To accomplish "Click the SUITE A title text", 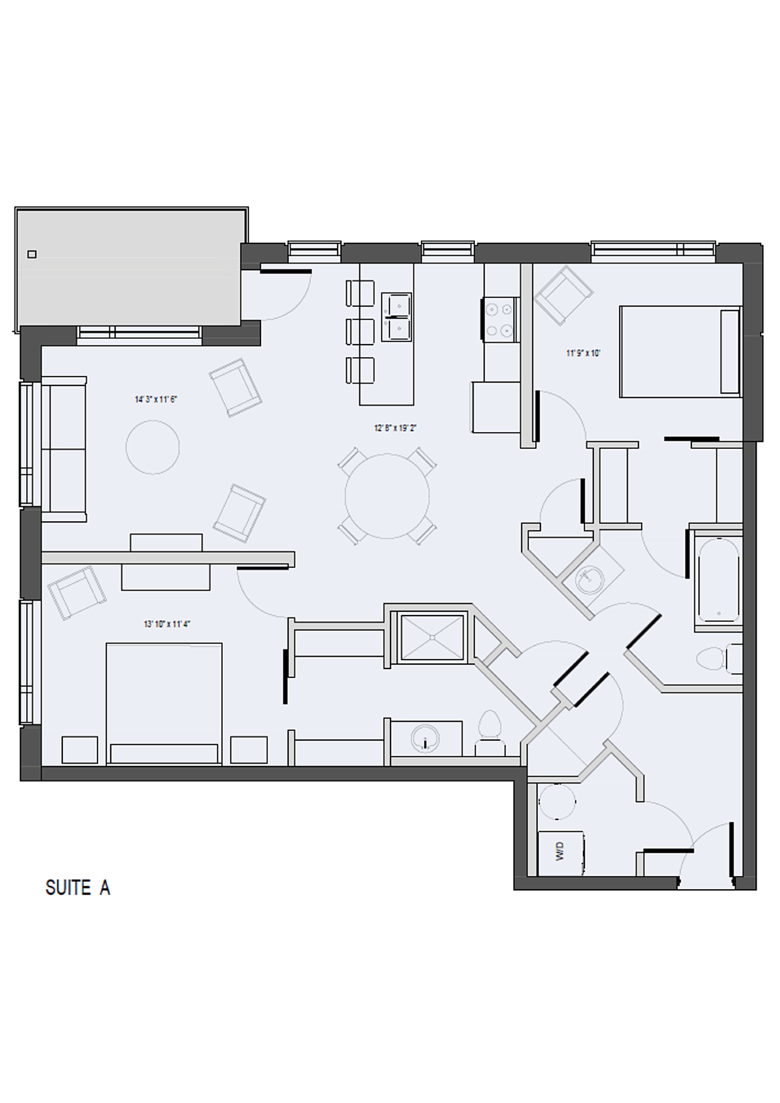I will pyautogui.click(x=78, y=888).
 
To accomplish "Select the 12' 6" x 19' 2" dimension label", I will pyautogui.click(x=395, y=428).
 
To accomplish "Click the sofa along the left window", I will pyautogui.click(x=64, y=449).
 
